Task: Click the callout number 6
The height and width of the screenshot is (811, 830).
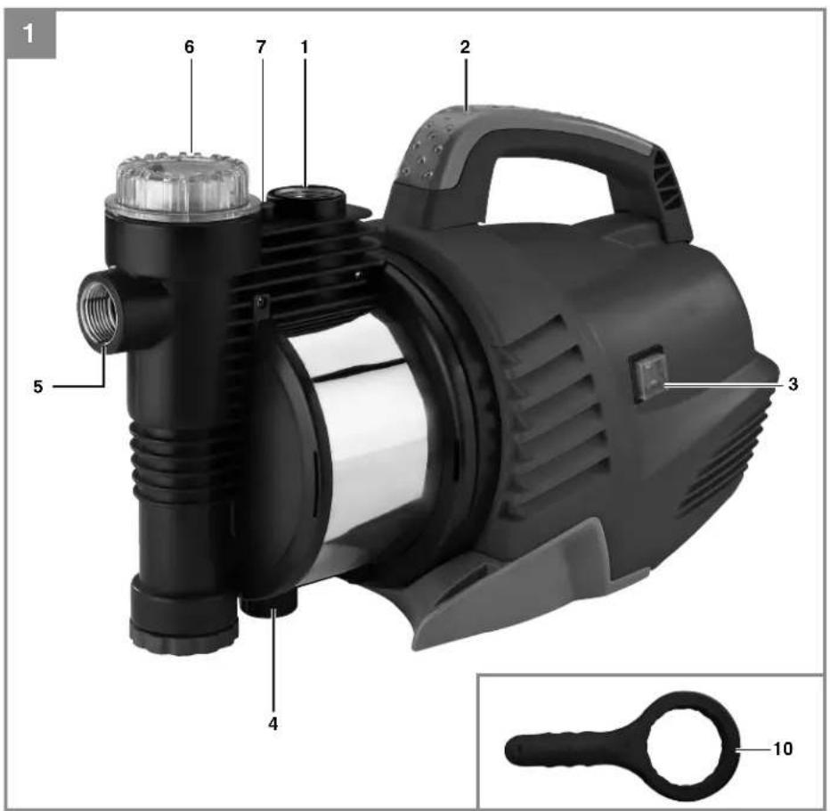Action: click(x=190, y=47)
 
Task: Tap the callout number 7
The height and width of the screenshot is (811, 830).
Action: click(x=260, y=47)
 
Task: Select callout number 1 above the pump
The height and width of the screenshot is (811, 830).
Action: click(x=305, y=47)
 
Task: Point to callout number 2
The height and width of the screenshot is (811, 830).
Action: click(x=465, y=47)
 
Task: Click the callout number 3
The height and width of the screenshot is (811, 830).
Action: click(x=793, y=384)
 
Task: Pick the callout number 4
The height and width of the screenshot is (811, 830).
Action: click(x=273, y=724)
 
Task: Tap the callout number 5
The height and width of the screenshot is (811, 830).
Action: click(x=37, y=387)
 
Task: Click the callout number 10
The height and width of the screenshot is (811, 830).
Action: click(x=783, y=749)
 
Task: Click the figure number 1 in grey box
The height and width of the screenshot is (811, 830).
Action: click(x=28, y=35)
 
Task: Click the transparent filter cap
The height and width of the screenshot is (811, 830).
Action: click(x=183, y=183)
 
